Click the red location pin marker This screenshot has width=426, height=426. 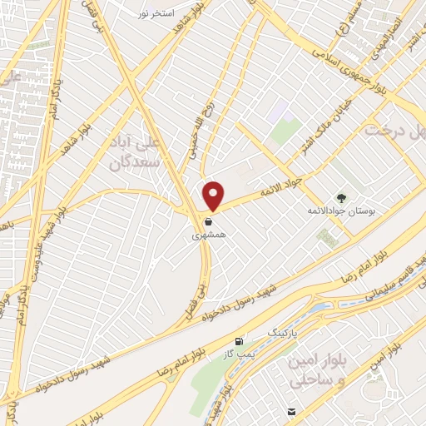coord(214,196)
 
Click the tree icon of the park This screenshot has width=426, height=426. coord(340,197)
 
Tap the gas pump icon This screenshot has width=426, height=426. coord(240,342)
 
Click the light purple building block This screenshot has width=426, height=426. coord(279,111)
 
